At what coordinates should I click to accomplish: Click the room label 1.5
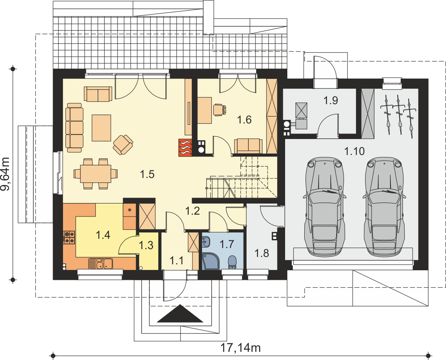click(147, 174)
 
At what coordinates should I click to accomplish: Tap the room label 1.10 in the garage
click(354, 151)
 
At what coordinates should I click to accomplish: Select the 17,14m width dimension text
click(240, 348)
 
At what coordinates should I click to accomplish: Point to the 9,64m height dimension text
click(5, 174)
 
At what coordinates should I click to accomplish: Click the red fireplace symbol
click(185, 148)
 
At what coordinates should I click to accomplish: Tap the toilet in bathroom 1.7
click(232, 262)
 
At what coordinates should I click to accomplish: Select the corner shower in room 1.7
click(210, 261)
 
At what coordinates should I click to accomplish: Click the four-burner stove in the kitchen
click(69, 237)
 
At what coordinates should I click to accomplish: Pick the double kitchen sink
click(100, 264)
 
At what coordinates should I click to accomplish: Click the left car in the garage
click(324, 207)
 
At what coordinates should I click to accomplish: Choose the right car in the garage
click(384, 207)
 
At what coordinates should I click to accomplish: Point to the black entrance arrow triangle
click(180, 313)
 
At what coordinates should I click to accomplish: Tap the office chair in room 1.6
click(219, 110)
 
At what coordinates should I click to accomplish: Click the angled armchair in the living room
click(123, 145)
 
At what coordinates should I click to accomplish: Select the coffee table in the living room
click(101, 128)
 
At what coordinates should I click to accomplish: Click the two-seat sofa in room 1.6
click(248, 146)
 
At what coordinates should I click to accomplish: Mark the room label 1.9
click(331, 100)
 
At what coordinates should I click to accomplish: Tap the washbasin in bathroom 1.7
click(206, 242)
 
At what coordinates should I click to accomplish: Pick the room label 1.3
click(146, 245)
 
